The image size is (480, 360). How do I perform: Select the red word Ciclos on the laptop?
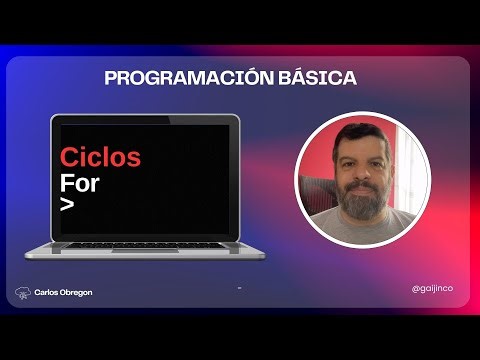[100, 157]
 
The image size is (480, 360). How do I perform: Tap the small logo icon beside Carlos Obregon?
[22, 293]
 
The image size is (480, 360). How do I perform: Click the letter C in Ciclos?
[68, 157]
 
